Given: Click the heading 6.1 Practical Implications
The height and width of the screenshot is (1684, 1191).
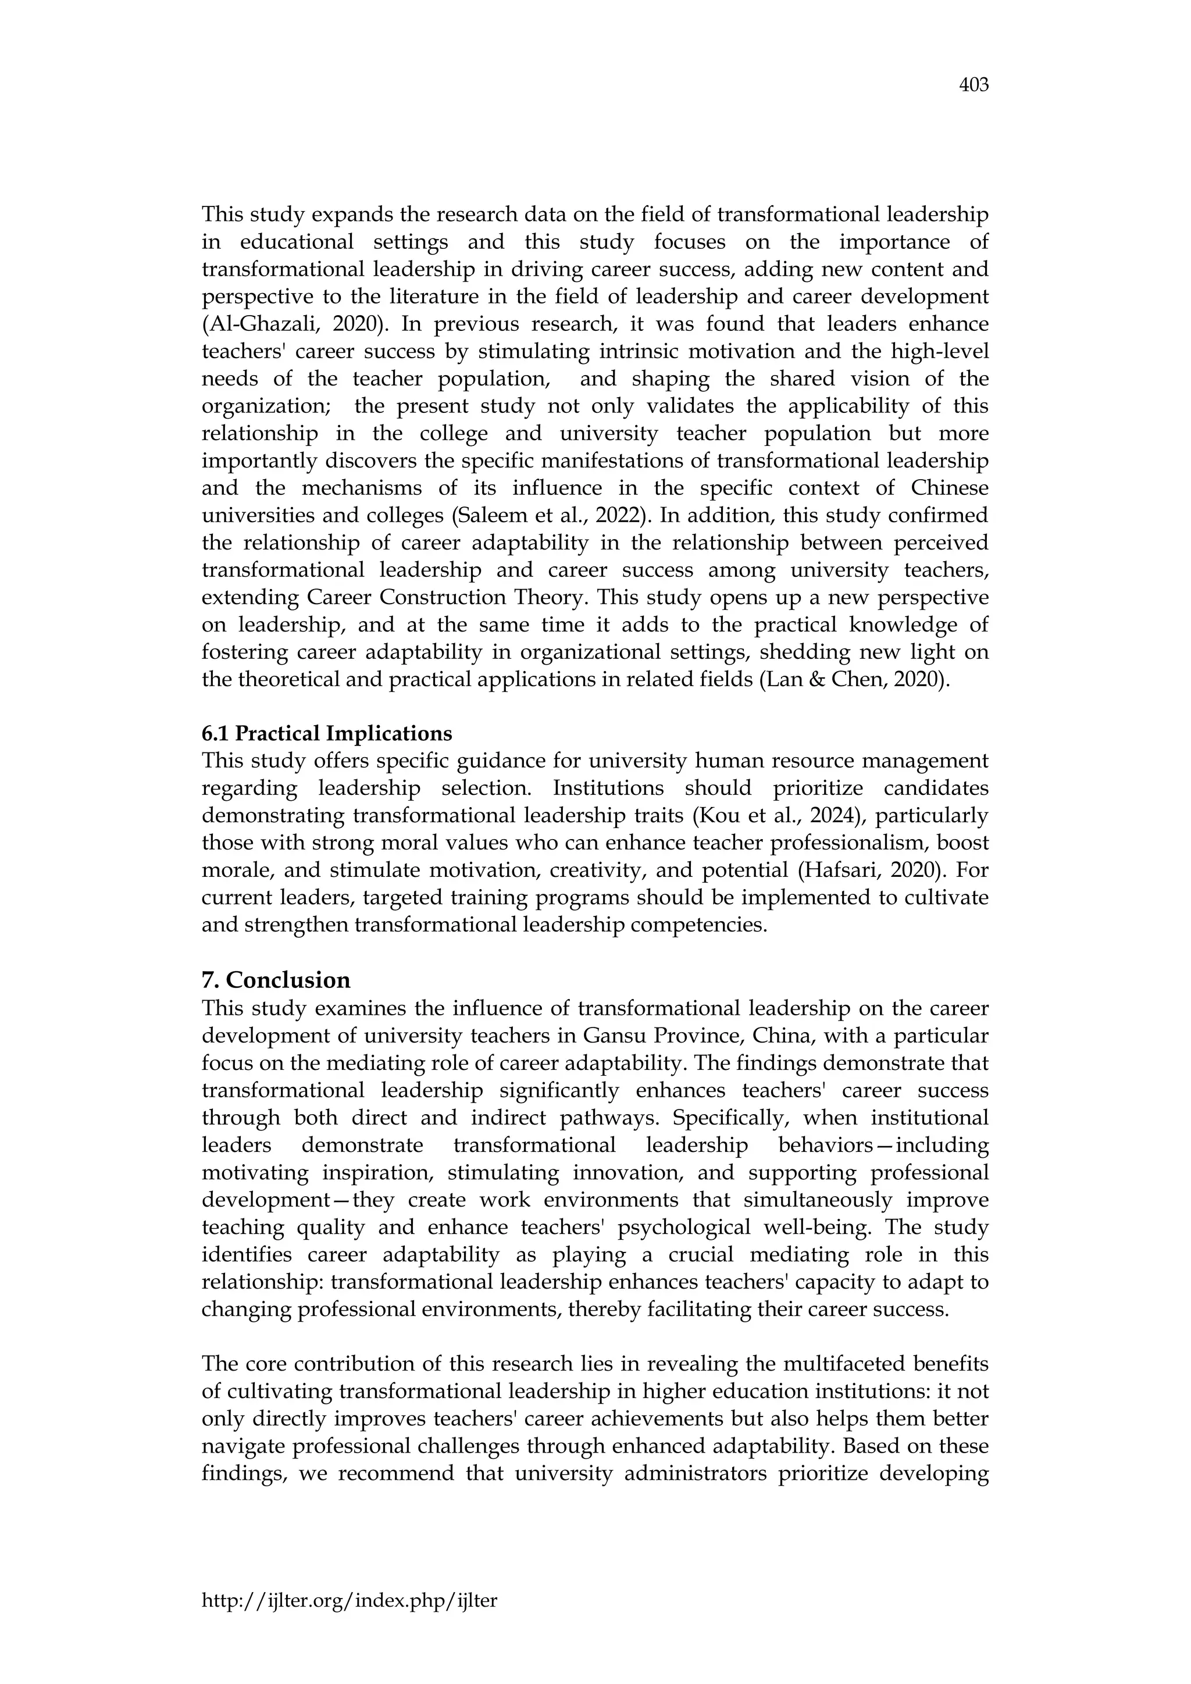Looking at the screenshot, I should pos(327,733).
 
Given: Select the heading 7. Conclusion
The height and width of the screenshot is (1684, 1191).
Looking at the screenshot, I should pos(276,980).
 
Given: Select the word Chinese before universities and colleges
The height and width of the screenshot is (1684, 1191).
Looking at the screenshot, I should pos(949,488).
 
